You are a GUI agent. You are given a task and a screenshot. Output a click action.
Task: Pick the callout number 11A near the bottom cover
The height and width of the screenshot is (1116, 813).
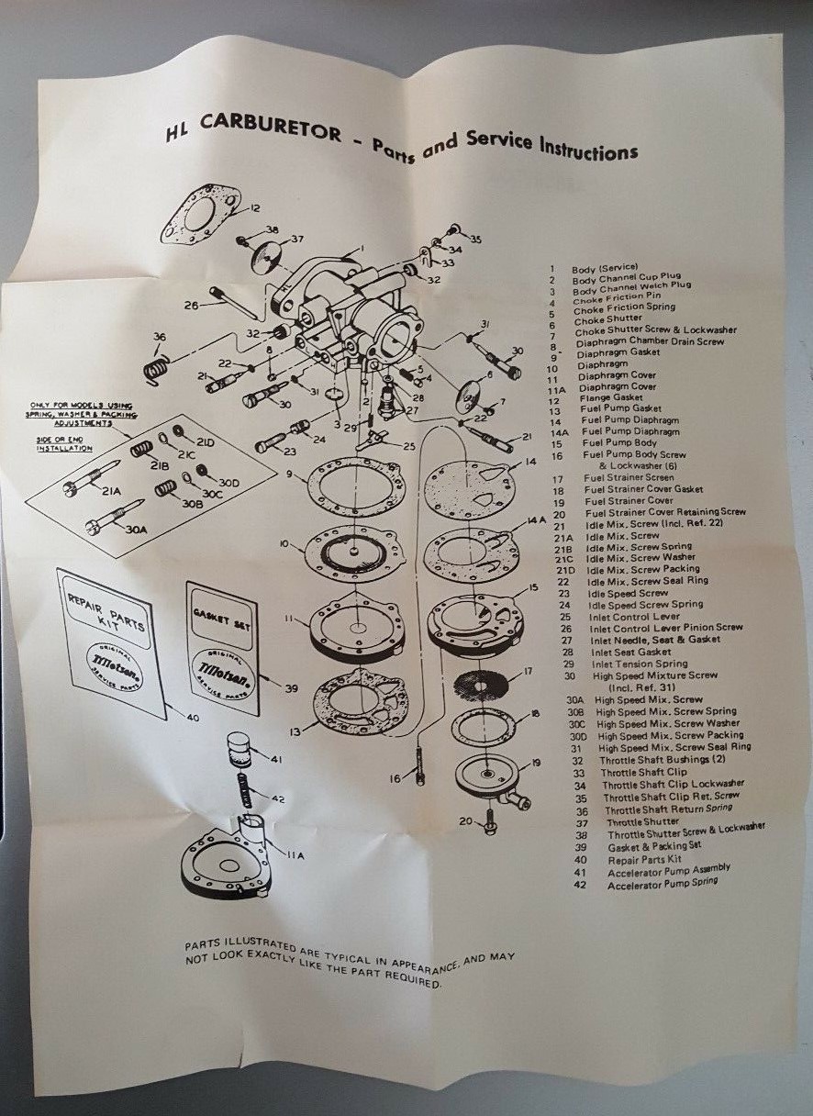pyautogui.click(x=295, y=854)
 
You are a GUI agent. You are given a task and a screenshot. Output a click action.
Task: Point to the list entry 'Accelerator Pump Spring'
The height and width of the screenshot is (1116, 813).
pyautogui.click(x=663, y=883)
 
